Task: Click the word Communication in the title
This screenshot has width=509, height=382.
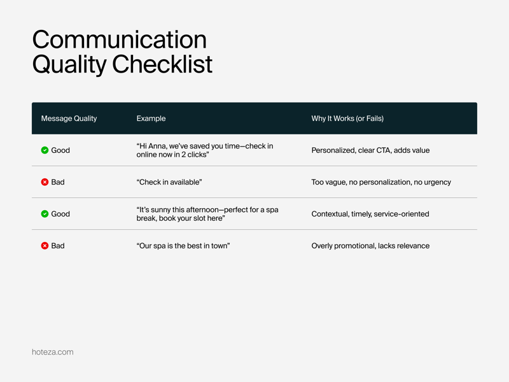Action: tap(120, 39)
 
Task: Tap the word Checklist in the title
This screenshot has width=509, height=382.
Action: tap(162, 64)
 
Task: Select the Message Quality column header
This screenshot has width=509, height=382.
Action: tap(69, 118)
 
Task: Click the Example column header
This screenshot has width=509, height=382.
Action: tap(151, 118)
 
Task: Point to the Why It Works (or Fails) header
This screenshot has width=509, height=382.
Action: tap(347, 118)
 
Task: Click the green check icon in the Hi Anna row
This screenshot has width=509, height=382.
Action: tap(45, 150)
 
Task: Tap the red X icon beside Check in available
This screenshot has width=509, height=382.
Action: tap(45, 182)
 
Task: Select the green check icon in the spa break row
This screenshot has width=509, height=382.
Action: tap(45, 214)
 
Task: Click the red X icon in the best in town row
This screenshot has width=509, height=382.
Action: tap(45, 246)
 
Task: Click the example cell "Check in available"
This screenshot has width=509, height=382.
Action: tap(169, 182)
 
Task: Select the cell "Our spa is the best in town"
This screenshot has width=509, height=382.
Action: tap(183, 246)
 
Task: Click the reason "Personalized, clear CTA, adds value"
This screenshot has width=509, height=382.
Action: tap(370, 150)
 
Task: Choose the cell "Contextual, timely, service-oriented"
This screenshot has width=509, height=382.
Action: tap(370, 214)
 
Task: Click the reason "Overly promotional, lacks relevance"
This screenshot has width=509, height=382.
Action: tap(370, 246)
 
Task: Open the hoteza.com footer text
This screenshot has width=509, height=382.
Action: tap(53, 352)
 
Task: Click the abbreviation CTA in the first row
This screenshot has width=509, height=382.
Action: tap(384, 150)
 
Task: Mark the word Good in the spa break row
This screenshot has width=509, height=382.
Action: tap(60, 214)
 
